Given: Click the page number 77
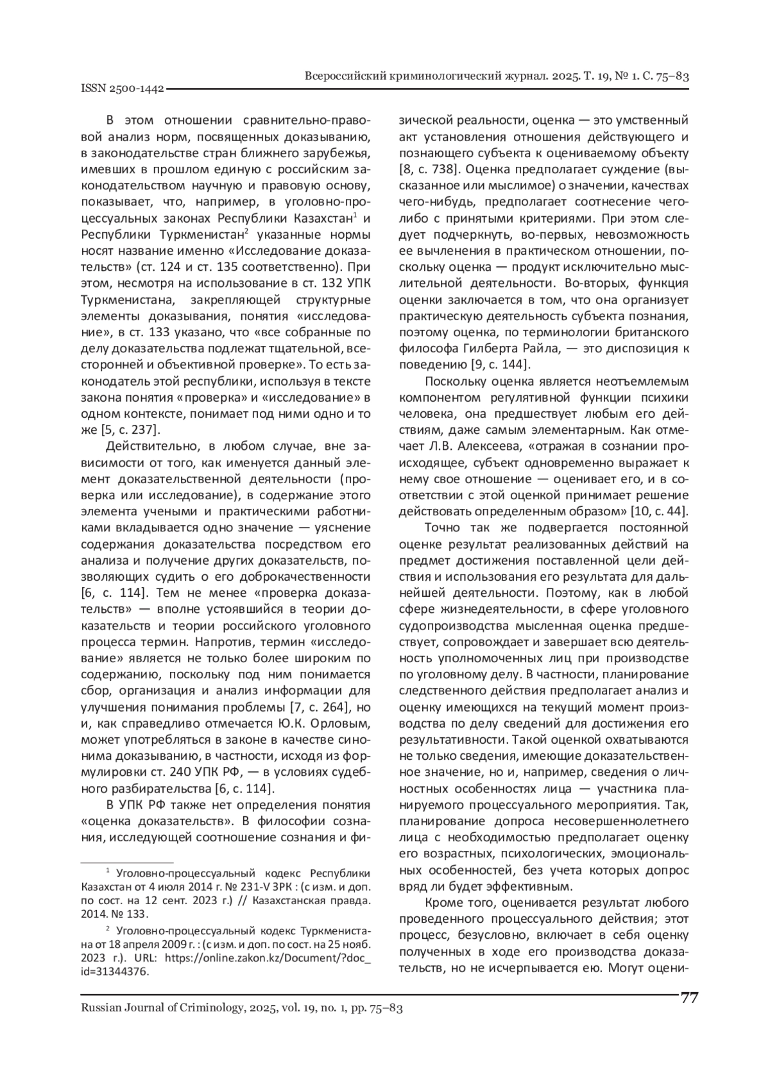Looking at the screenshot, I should coord(689,999).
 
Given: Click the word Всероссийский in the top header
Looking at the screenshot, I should coord(345,76).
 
